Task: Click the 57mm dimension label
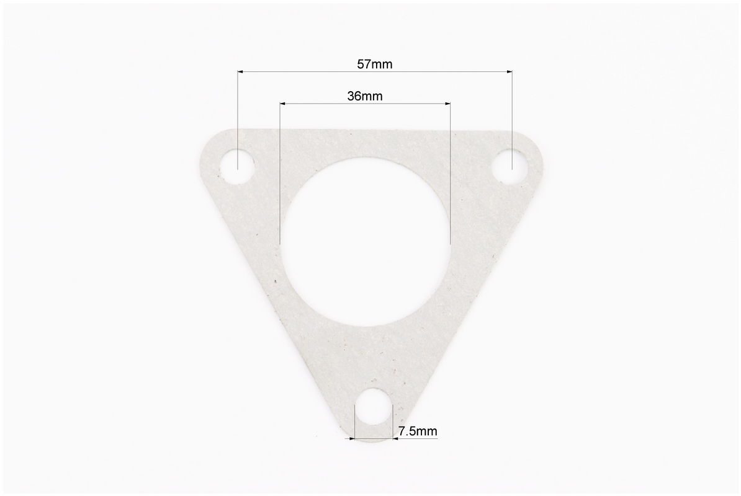[x=374, y=64]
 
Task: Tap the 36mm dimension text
[x=365, y=96]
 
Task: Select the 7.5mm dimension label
[x=418, y=431]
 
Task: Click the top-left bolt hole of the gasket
[x=238, y=166]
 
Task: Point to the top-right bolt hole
[x=510, y=166]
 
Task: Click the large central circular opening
[x=366, y=242]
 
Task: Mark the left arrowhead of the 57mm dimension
[x=240, y=72]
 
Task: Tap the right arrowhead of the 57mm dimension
[x=510, y=72]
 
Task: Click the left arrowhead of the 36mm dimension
[x=282, y=103]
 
